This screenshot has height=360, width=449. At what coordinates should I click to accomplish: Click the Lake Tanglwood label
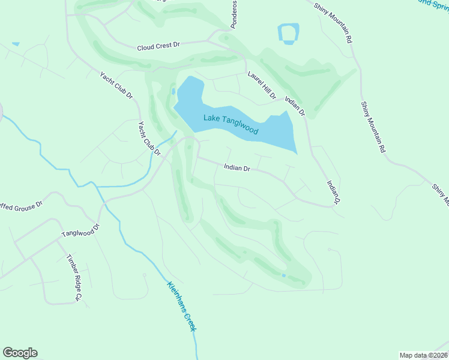click(x=231, y=124)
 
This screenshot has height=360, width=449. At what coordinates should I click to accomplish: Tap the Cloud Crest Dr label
click(x=158, y=46)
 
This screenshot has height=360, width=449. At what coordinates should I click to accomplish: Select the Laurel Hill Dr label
click(x=262, y=85)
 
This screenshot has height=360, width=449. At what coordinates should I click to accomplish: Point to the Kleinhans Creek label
click(x=182, y=307)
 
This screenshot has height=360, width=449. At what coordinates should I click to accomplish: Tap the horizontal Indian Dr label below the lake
click(x=237, y=168)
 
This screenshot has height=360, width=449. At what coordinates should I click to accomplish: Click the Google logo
click(x=20, y=353)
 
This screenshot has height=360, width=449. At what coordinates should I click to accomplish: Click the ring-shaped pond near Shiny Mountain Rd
click(x=289, y=34)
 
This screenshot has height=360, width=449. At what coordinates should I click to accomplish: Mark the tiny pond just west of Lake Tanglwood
click(x=173, y=92)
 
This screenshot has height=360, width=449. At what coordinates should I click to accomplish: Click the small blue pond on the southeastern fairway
click(x=284, y=275)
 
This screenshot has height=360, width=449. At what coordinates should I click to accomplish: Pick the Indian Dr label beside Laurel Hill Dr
click(x=295, y=106)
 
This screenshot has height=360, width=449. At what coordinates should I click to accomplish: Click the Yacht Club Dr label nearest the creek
click(x=149, y=139)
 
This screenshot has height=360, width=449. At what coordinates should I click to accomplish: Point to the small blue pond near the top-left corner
click(x=15, y=44)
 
